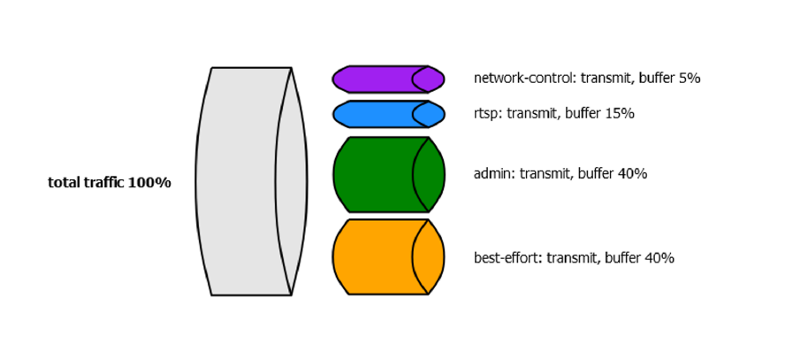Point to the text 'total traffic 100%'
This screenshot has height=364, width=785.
tap(109, 183)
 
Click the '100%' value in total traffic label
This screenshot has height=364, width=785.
tap(149, 183)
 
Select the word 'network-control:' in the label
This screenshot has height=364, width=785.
tap(525, 78)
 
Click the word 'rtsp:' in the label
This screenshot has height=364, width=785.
tap(488, 113)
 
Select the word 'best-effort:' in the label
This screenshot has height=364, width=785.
tap(507, 258)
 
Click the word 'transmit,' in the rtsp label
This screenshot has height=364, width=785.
tap(534, 113)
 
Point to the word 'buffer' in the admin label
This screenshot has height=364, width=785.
tap(596, 174)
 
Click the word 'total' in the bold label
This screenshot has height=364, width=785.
tap(64, 183)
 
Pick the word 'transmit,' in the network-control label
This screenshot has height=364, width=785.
tap(607, 78)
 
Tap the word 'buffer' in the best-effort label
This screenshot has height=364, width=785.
tap(623, 258)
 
